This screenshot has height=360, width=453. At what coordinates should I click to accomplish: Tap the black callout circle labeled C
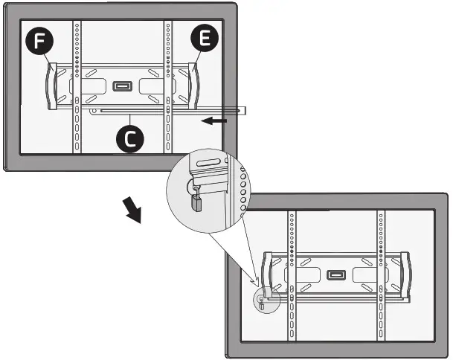coord(130,139)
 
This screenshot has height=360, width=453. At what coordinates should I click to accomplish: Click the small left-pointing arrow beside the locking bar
coord(216,119)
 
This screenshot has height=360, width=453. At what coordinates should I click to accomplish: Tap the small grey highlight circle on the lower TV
coord(262,302)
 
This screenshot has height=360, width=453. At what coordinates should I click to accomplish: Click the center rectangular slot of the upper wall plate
coord(121,86)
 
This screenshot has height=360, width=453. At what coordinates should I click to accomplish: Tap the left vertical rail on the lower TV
coord(291,276)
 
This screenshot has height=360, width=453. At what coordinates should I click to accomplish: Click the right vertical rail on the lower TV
coord(382,276)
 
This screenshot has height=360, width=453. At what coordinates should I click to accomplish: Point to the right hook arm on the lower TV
coord(405,276)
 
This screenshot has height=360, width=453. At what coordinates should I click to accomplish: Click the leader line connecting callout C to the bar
coord(131,120)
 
